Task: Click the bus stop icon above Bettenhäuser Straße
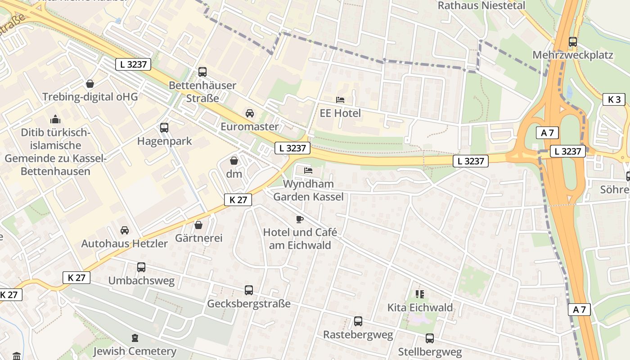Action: point(202,72)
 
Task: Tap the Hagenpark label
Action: point(164,141)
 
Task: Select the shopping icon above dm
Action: point(234,160)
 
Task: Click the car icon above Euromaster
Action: point(250,113)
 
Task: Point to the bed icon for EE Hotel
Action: point(340,99)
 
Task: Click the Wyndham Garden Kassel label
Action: point(308,190)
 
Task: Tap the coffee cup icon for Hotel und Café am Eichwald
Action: point(300,219)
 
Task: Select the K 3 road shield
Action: point(614,99)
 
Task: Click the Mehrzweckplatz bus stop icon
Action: point(573,42)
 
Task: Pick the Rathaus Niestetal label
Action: point(481,5)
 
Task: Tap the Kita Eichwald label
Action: point(420,308)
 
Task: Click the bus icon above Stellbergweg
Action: point(430,338)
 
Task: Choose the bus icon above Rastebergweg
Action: point(358,321)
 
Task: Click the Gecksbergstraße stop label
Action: point(248,304)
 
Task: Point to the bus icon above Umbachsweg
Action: point(141,267)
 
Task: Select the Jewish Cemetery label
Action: point(135,351)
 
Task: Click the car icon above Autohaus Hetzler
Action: point(125,230)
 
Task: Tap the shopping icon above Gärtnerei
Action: point(198,225)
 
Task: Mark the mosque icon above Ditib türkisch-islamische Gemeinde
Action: point(55,119)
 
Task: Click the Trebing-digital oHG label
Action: point(90,97)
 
